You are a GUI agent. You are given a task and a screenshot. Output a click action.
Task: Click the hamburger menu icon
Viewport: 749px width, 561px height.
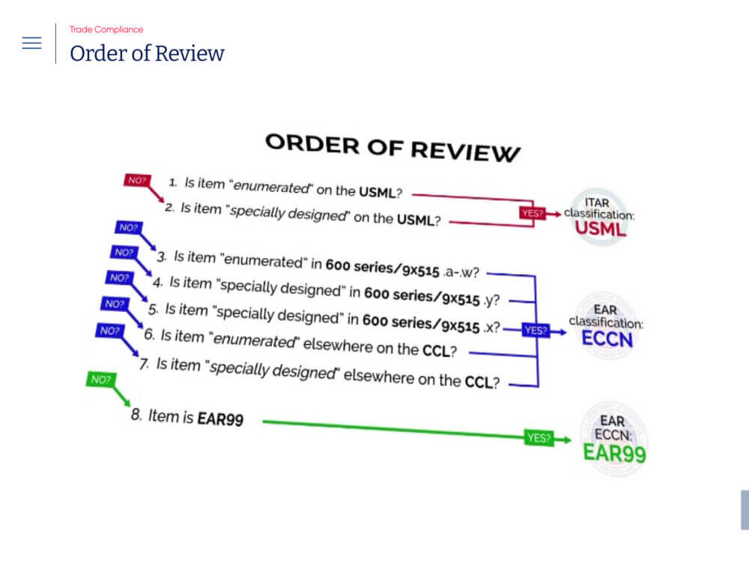(x=31, y=43)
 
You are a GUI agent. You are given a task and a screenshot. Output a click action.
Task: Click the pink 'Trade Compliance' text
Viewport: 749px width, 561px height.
(x=106, y=29)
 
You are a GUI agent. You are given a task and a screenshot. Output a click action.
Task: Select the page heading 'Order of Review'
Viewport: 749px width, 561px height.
(x=147, y=54)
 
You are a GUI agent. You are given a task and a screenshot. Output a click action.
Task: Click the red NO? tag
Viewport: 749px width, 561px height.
(x=137, y=180)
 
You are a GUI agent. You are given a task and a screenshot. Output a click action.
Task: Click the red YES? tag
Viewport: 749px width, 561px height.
(x=531, y=213)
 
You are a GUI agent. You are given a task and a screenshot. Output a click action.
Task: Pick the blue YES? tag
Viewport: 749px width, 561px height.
(x=536, y=329)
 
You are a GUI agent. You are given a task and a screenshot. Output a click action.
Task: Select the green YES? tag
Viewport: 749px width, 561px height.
(x=538, y=439)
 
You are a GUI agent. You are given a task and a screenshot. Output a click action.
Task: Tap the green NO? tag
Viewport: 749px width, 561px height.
(x=100, y=379)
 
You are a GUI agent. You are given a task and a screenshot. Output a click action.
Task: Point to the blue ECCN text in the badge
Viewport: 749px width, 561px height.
(x=607, y=339)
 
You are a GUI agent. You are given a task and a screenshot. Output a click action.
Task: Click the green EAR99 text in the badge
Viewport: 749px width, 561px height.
(x=614, y=453)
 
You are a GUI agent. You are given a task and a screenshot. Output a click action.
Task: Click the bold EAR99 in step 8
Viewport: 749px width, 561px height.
(x=220, y=419)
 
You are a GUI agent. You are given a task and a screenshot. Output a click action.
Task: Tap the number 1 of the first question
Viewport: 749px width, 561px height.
(x=172, y=182)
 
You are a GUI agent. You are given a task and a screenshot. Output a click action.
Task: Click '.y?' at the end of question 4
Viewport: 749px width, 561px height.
(x=491, y=301)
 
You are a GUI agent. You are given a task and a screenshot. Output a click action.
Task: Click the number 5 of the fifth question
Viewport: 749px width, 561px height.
(x=153, y=308)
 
